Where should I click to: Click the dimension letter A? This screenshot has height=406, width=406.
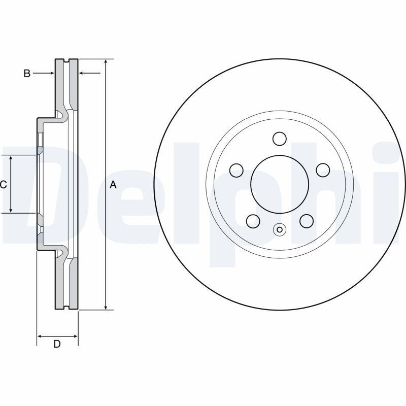[x=113, y=185]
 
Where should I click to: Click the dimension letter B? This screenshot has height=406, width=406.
[x=27, y=74]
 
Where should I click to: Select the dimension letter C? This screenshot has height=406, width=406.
[x=3, y=185]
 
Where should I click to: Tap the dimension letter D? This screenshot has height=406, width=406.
[x=57, y=344]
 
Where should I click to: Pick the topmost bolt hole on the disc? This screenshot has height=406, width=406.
[x=279, y=139]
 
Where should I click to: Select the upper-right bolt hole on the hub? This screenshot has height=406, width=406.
[x=322, y=170]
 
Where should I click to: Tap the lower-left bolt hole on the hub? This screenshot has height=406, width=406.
[x=253, y=220]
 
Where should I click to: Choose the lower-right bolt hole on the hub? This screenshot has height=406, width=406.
[x=306, y=220]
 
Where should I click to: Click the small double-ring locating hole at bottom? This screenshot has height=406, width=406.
[x=279, y=230]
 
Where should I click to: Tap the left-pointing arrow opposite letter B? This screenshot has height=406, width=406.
[x=82, y=74]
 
